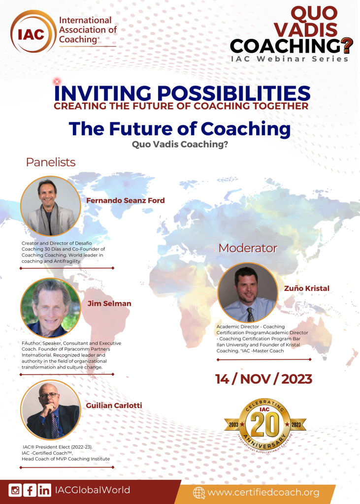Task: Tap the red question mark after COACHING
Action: [x=347, y=46]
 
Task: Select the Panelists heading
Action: [x=51, y=162]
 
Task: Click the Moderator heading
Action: [x=248, y=248]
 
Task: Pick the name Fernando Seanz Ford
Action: [x=126, y=201]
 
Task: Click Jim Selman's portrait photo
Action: [x=51, y=308]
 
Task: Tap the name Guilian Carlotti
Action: [x=114, y=406]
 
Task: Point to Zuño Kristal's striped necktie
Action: [x=250, y=315]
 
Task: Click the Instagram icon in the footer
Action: [x=15, y=490]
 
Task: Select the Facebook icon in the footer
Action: [x=30, y=490]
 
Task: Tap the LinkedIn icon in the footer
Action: [x=44, y=490]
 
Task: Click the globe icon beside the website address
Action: [x=199, y=492]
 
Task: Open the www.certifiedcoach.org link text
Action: [x=263, y=492]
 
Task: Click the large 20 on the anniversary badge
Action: [x=265, y=424]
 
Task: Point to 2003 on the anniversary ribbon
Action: [x=233, y=425]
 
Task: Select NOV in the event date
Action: [x=256, y=379]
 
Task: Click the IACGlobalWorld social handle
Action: [x=93, y=490]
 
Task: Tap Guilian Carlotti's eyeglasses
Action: [x=49, y=395]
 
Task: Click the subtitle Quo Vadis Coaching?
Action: [x=180, y=144]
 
